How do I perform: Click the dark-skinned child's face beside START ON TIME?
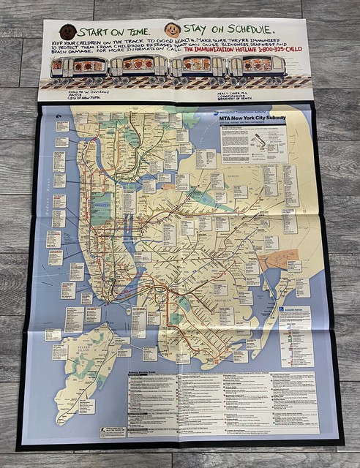67,32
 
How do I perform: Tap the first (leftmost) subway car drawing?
78,67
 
